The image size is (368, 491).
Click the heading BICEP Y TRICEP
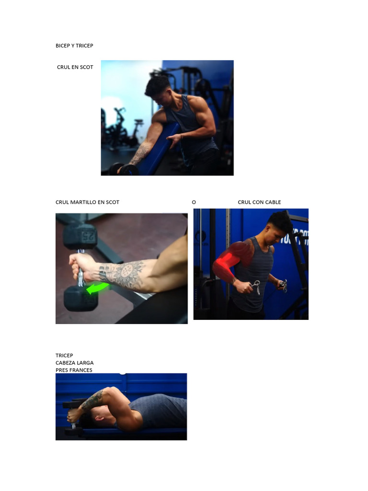(74, 46)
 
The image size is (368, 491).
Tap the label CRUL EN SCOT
(75, 67)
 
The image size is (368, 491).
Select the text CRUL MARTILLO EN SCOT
(87, 202)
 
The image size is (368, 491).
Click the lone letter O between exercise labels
(194, 202)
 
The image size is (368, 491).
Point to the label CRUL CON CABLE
(259, 202)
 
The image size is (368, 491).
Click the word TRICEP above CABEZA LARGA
(64, 355)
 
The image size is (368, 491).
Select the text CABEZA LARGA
(74, 363)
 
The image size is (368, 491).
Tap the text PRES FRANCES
(74, 370)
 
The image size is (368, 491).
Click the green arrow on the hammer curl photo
(98, 289)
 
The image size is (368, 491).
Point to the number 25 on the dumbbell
(88, 235)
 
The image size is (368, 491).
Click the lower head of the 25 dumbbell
(80, 298)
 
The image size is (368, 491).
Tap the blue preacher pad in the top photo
(158, 149)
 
